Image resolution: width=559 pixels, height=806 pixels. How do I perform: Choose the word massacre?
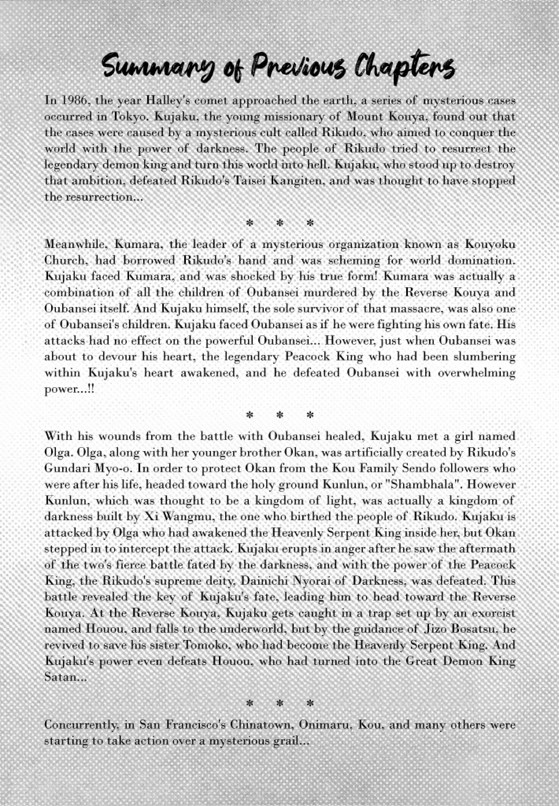pyautogui.click(x=419, y=309)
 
